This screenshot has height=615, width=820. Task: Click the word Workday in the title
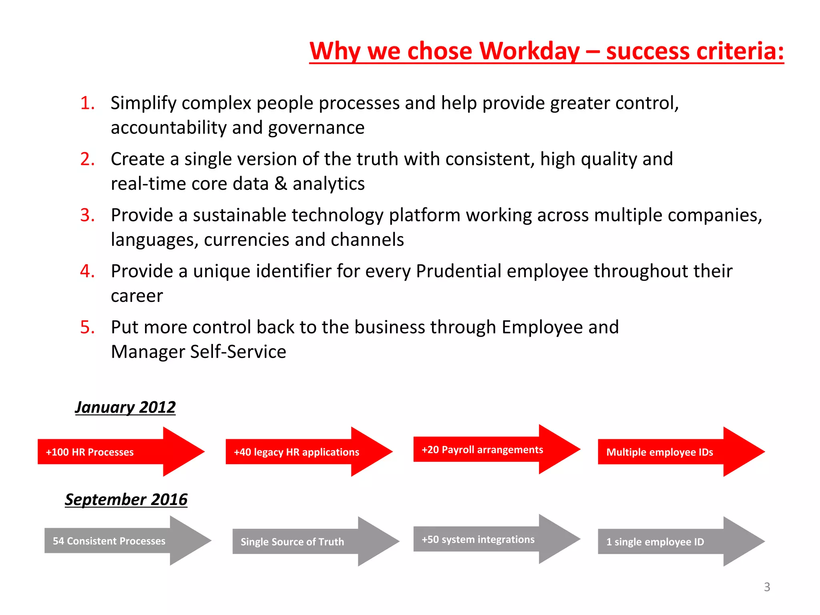[529, 51]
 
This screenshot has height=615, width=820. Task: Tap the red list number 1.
[87, 103]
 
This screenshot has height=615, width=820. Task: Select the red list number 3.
[87, 215]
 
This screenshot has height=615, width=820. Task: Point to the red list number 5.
[87, 328]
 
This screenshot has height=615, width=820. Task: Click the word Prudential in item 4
[458, 271]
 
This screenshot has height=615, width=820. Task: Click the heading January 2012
[125, 407]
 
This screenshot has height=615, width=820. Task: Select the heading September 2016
[126, 499]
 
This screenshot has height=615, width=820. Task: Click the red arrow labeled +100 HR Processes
[120, 452]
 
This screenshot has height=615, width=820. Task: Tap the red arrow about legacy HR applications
[308, 452]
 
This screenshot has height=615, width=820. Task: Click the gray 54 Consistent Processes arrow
[127, 541]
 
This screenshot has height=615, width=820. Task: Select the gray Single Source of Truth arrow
[315, 541]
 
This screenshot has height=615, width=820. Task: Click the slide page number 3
[767, 587]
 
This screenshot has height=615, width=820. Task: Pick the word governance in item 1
[316, 128]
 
